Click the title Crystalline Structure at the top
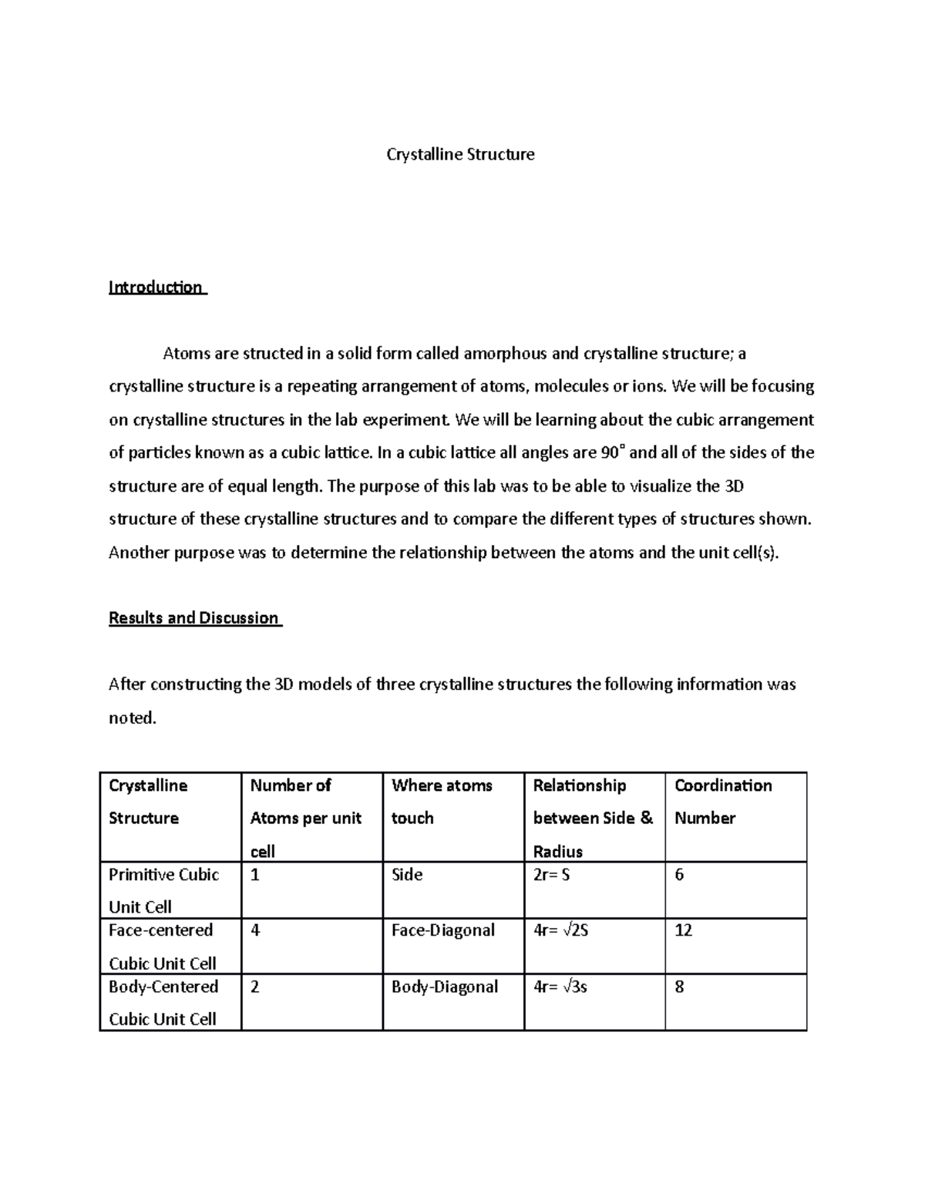click(x=460, y=154)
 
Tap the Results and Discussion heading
click(x=193, y=618)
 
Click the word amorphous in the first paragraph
click(x=505, y=354)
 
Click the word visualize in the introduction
click(x=661, y=486)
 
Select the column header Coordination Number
click(x=722, y=802)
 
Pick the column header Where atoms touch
click(x=442, y=802)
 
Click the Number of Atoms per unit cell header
click(x=305, y=818)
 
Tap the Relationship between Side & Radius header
click(x=592, y=818)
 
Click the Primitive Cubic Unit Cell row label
click(x=163, y=890)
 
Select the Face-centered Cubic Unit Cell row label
click(x=162, y=947)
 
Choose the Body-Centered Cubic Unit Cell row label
click(x=163, y=1002)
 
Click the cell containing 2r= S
click(x=552, y=875)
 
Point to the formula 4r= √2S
click(x=561, y=930)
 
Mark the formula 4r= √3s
click(x=560, y=987)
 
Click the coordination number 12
click(x=683, y=930)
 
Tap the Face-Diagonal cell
click(x=443, y=930)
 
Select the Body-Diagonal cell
click(x=445, y=987)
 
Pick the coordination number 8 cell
click(x=679, y=987)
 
